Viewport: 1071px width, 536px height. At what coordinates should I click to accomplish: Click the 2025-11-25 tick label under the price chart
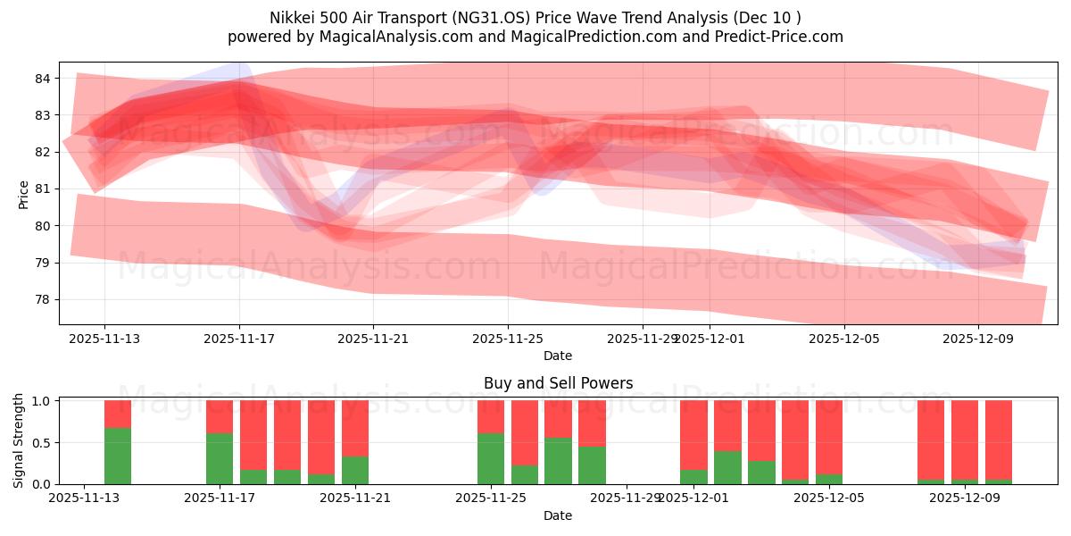(x=508, y=339)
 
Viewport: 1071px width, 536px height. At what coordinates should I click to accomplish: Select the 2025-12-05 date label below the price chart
(x=843, y=339)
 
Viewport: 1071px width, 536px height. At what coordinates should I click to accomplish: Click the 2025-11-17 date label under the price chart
(x=239, y=339)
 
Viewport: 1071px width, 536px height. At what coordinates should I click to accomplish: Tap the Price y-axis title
(x=23, y=194)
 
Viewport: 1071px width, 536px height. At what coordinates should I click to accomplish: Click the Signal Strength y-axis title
(x=19, y=440)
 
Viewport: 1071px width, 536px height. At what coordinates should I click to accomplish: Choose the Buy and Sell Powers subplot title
(x=558, y=383)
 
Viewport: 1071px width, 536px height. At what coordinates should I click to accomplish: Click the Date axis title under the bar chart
(x=558, y=515)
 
